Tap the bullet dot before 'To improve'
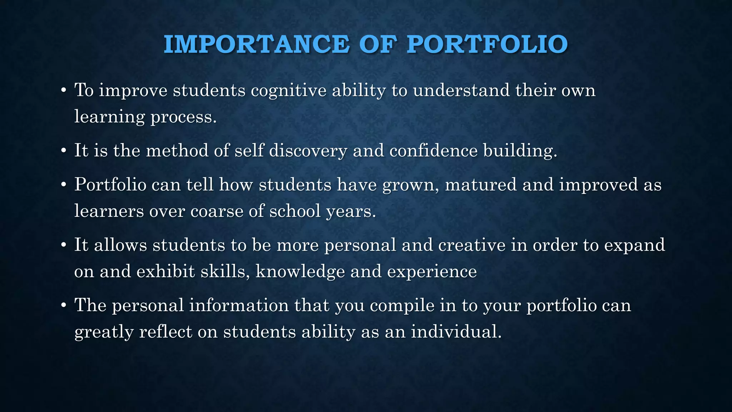click(x=63, y=90)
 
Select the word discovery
click(x=308, y=150)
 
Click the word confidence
click(x=433, y=150)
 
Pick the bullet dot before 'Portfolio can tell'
click(x=63, y=185)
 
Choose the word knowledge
click(x=300, y=271)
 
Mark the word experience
click(x=432, y=271)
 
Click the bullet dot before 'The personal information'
click(x=63, y=306)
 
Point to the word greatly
click(x=104, y=332)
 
